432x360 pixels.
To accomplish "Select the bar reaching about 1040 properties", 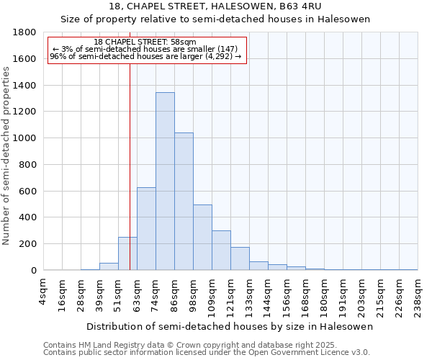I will (184, 202).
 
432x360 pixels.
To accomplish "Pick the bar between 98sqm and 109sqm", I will (202, 238).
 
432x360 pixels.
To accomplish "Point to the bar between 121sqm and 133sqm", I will (240, 258).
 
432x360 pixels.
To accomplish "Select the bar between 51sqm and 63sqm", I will (127, 253).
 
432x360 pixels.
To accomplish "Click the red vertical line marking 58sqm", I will (130, 144).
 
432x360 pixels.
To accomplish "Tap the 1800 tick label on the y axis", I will (25, 32).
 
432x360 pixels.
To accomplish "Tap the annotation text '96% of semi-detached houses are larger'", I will (146, 56).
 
